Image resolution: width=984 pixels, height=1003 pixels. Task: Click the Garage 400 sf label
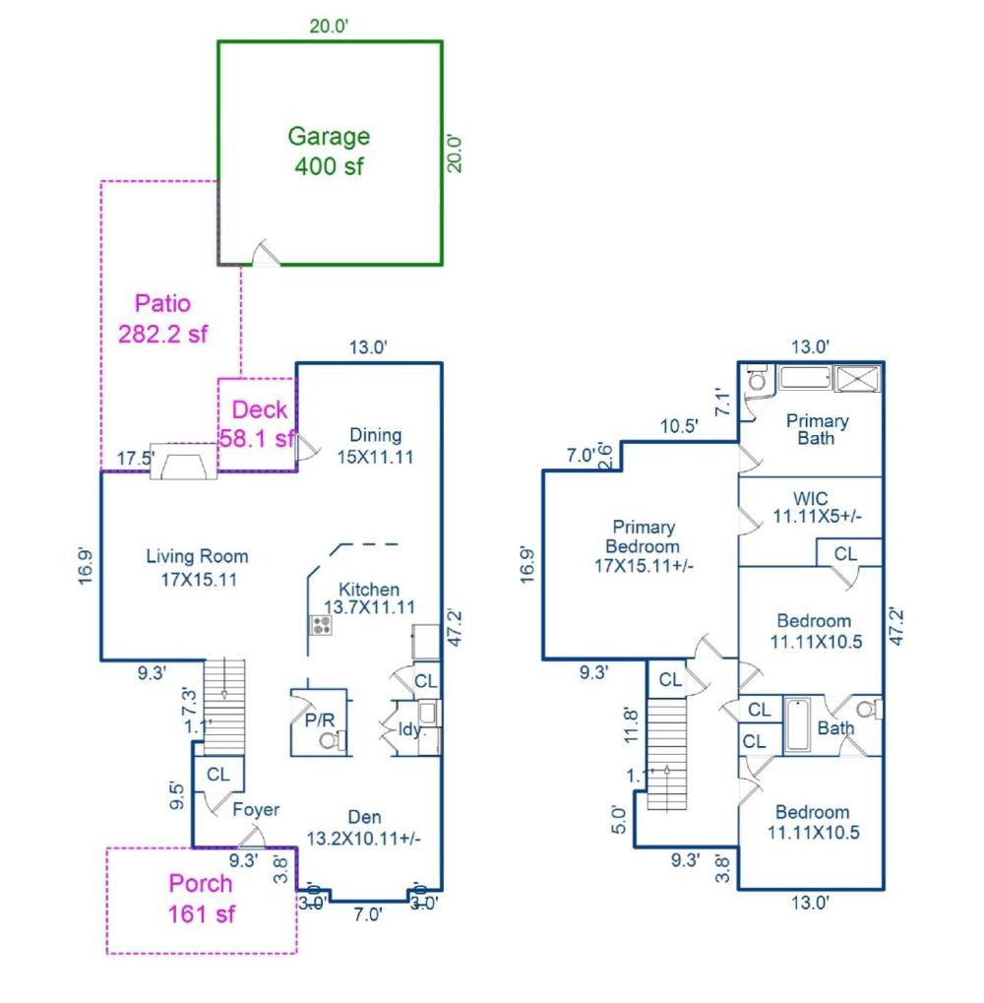click(329, 151)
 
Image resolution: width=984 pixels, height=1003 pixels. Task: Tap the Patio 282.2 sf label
click(163, 319)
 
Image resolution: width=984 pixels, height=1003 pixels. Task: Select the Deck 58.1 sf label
click(258, 423)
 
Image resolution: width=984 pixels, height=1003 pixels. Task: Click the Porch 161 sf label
click(201, 898)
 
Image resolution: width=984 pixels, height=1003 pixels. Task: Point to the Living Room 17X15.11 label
click(197, 568)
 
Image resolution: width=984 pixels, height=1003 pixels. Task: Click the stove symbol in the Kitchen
click(320, 624)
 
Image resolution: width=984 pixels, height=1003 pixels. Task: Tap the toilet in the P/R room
click(341, 740)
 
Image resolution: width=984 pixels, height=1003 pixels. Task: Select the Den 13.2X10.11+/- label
click(365, 828)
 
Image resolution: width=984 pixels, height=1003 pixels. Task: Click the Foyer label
click(256, 810)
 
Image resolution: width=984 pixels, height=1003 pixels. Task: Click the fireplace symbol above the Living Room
click(183, 461)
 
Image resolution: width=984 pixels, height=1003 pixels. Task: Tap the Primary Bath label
click(817, 429)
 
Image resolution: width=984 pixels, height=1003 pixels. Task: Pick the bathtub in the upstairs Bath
click(798, 725)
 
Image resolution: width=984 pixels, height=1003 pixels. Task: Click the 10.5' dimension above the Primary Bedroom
click(679, 426)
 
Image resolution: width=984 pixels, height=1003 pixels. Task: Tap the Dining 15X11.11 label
click(376, 445)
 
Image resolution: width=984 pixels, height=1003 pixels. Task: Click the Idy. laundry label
click(409, 728)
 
